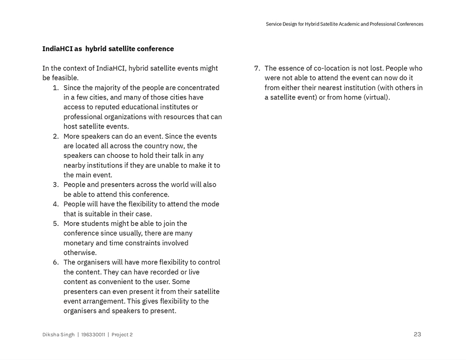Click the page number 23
tap(417, 334)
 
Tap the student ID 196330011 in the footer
tap(93, 334)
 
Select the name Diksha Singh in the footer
tap(58, 334)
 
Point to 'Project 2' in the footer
tap(122, 334)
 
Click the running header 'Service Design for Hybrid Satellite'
tap(344, 24)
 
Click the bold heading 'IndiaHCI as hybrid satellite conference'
tap(108, 49)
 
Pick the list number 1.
tap(55, 88)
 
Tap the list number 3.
tap(55, 184)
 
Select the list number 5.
tap(55, 223)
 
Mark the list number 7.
tap(257, 68)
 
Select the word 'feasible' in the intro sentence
tap(64, 78)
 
